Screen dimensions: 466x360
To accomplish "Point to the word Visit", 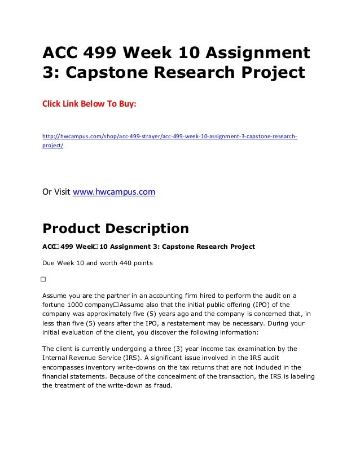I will pyautogui.click(x=62, y=192).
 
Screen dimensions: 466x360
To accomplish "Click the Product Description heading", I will pyautogui.click(x=116, y=229).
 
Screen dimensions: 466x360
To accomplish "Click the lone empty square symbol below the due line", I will pyautogui.click(x=43, y=279).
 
